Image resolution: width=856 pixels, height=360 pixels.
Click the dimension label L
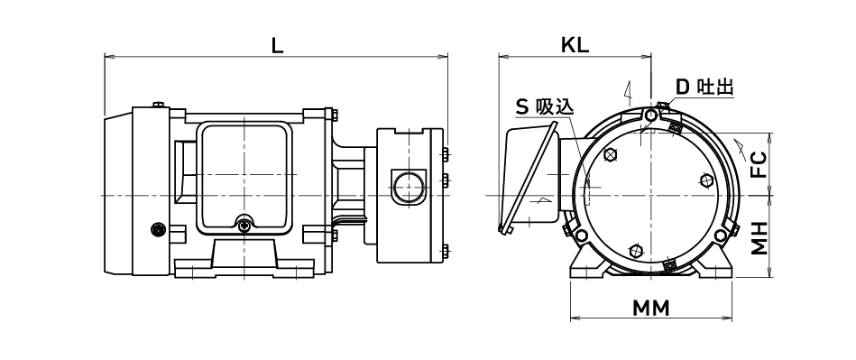pos(277,46)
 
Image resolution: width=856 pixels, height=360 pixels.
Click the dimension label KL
pos(575,46)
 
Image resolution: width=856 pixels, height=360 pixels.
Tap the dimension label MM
pos(650,309)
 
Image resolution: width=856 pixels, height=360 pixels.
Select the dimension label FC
pos(759,164)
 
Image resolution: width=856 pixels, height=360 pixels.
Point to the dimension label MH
pos(759,238)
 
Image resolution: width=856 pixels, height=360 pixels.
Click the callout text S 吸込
pos(545,106)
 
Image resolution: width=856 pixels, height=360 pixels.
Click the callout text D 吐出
pos(704,87)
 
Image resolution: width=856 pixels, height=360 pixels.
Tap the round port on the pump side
pos(409,187)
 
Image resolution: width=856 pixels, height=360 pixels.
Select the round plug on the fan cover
pos(159,230)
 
